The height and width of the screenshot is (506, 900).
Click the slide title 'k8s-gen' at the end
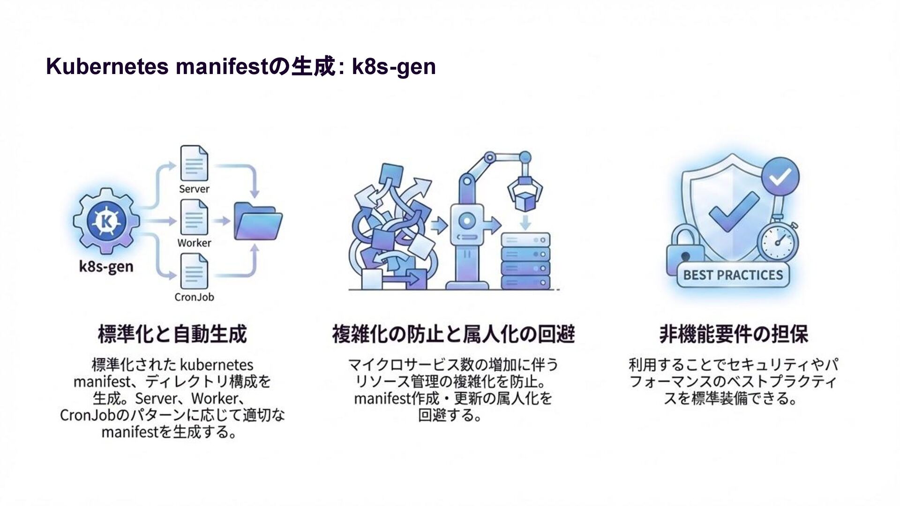[394, 67]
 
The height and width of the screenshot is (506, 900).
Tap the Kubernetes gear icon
[106, 221]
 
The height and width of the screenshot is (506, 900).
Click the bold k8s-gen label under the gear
[106, 267]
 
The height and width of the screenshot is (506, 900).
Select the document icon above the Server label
[194, 163]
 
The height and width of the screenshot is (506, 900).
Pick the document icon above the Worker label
[194, 217]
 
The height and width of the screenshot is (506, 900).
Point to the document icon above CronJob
[194, 271]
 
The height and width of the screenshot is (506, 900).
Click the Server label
[194, 189]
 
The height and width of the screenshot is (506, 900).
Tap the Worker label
[194, 243]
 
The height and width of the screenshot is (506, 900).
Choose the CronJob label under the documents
[194, 297]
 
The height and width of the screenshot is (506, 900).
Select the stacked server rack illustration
[525, 261]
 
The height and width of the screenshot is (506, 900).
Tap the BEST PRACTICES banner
[733, 275]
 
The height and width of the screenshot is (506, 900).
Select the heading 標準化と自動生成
[172, 335]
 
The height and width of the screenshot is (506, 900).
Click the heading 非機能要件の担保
[734, 335]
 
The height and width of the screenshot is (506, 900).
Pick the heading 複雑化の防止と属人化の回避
[453, 335]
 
